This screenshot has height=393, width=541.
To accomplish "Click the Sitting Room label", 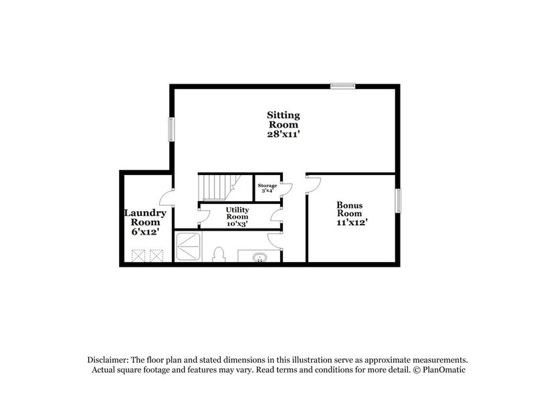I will coord(284,120).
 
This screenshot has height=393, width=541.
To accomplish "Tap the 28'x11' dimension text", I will coord(284,134).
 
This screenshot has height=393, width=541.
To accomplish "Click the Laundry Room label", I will coord(144,218).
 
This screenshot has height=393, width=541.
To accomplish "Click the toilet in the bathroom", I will coord(218,255).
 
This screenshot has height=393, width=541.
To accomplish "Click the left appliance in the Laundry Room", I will coord(139,255).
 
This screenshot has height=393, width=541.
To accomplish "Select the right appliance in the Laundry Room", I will coord(156,255).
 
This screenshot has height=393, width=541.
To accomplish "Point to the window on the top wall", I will coord(342,86).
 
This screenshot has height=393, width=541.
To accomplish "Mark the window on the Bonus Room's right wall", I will coord(398,201).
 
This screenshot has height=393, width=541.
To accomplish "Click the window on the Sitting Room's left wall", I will coord(171,129).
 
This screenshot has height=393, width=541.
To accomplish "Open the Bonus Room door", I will coord(313,184).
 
